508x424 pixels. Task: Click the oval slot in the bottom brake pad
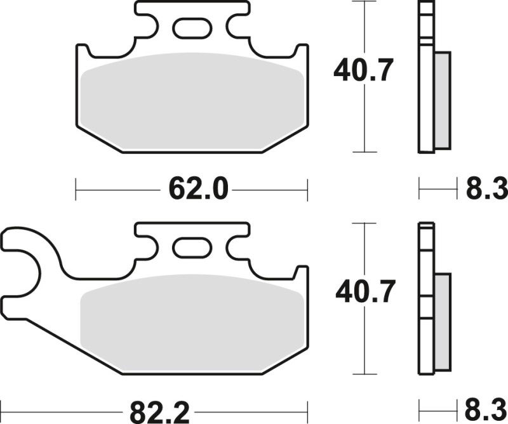coord(192,248)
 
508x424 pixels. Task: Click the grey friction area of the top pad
coord(190,101)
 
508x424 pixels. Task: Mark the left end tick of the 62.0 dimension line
coord(76,188)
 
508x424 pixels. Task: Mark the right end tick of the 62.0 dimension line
coord(307,188)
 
